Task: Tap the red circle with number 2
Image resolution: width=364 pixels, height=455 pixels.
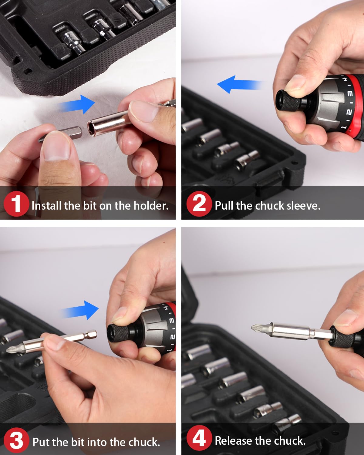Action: coord(199,204)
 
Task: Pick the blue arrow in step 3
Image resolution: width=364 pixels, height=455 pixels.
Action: coord(80,311)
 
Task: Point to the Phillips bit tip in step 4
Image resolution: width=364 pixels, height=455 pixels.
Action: coord(256,328)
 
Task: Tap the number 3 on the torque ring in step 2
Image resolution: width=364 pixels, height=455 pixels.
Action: coord(350,94)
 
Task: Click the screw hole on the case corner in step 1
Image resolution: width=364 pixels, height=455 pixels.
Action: coord(28,72)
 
